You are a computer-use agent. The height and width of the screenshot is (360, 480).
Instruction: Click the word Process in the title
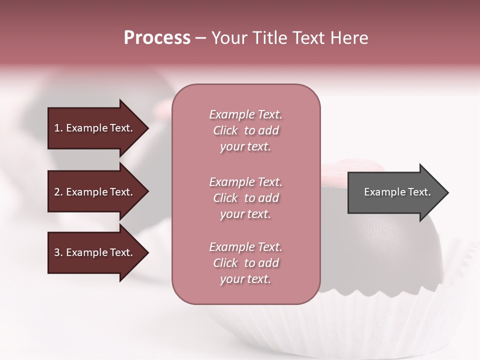click(157, 38)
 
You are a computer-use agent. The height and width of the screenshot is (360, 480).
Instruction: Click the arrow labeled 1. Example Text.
click(95, 128)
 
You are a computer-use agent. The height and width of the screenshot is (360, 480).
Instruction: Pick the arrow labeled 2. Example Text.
click(95, 192)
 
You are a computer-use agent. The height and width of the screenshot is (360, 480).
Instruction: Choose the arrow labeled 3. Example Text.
click(95, 252)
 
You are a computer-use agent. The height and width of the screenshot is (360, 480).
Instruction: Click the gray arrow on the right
click(395, 192)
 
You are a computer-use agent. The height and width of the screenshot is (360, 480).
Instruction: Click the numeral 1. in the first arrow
click(58, 128)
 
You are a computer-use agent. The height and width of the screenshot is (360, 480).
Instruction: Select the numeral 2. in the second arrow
click(58, 192)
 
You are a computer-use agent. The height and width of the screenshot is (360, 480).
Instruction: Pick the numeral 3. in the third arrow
click(58, 252)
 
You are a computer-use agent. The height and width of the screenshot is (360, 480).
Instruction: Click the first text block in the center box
click(245, 130)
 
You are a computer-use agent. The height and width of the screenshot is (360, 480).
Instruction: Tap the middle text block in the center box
click(245, 198)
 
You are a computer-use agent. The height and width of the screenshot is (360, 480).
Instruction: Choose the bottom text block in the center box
click(245, 263)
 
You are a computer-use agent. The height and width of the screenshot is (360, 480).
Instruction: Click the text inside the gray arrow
click(397, 192)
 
